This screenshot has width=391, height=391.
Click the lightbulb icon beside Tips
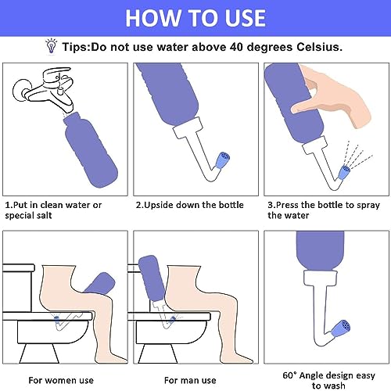tap(52, 46)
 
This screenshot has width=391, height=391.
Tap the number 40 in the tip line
tap(236, 47)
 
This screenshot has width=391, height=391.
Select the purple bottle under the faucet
tap(90, 150)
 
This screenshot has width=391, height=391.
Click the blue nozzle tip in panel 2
tap(222, 160)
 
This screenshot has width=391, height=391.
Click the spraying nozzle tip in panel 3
tap(344, 172)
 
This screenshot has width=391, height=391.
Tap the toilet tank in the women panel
tap(18, 288)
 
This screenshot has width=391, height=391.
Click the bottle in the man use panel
tap(151, 279)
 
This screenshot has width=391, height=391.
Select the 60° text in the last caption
tap(289, 375)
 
